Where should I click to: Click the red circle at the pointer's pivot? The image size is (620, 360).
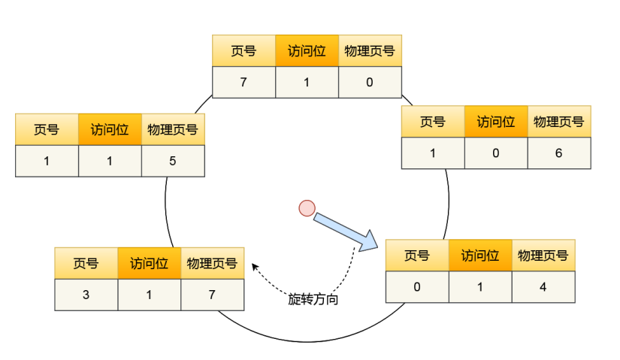coord(307,207)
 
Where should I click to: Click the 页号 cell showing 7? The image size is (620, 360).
coord(243,83)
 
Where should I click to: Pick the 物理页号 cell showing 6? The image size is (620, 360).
coord(558,153)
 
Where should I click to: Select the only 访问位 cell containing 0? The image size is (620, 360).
coord(495,153)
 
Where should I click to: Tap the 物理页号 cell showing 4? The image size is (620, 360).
coord(543,287)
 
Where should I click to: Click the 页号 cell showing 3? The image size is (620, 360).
coord(86,295)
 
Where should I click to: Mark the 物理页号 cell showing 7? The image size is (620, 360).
coord(212,295)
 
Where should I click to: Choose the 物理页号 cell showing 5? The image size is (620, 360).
coord(173,161)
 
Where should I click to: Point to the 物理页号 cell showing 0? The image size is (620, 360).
coord(370,83)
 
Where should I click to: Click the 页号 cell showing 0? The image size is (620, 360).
coord(417,287)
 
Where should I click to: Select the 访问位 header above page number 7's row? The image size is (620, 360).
coord(307,51)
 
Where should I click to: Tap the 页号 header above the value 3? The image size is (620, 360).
coord(86,264)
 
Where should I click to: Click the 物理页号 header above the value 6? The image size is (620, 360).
coord(558,122)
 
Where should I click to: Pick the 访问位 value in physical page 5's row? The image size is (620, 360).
coord(110,161)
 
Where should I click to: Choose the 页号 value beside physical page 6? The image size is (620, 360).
coord(432,153)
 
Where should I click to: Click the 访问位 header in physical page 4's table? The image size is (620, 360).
coord(480,256)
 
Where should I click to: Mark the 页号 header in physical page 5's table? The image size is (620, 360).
coord(47,129)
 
